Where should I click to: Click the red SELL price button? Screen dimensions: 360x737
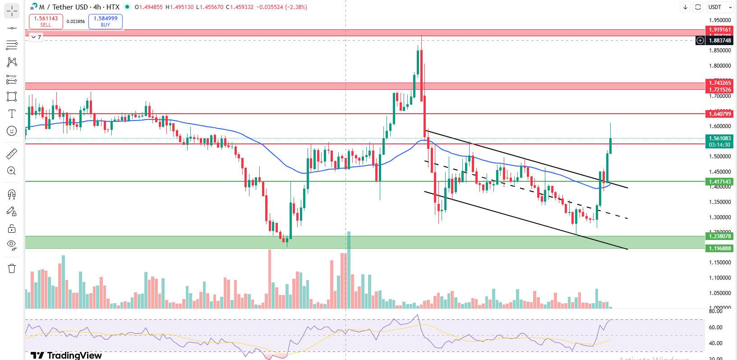pyautogui.click(x=46, y=21)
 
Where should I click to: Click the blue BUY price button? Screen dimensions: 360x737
pyautogui.click(x=106, y=21)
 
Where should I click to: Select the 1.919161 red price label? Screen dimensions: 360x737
pyautogui.click(x=720, y=30)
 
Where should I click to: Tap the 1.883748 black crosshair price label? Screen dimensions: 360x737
pyautogui.click(x=720, y=41)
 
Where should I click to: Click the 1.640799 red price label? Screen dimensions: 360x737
pyautogui.click(x=720, y=114)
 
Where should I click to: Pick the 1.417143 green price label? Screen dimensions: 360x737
pyautogui.click(x=720, y=182)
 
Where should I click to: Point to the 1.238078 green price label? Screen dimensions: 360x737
pyautogui.click(x=720, y=236)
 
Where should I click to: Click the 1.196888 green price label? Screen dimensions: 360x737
pyautogui.click(x=720, y=249)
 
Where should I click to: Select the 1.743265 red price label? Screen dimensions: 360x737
pyautogui.click(x=720, y=83)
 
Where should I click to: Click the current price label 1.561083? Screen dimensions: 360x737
pyautogui.click(x=720, y=138)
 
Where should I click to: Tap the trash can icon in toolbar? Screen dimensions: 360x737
pyautogui.click(x=12, y=268)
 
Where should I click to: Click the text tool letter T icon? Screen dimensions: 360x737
pyautogui.click(x=12, y=114)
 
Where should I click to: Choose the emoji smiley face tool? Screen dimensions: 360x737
pyautogui.click(x=12, y=131)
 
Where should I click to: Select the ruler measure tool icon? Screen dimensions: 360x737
pyautogui.click(x=12, y=154)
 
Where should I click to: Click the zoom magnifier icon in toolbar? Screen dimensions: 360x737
pyautogui.click(x=12, y=171)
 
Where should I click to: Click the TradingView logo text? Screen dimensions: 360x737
pyautogui.click(x=66, y=355)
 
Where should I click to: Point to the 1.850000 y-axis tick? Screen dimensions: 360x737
pyautogui.click(x=720, y=51)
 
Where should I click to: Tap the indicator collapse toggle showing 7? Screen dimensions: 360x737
pyautogui.click(x=36, y=37)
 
